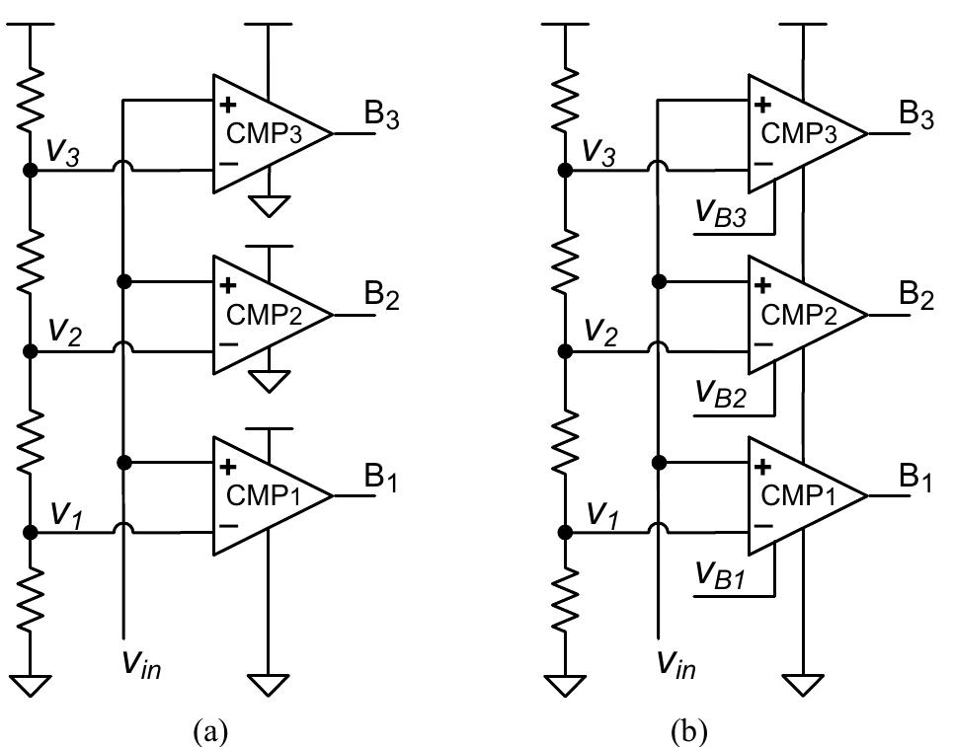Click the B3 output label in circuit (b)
tap(914, 116)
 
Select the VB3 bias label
tap(720, 214)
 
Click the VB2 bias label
tap(720, 395)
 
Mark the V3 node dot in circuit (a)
tap(30, 171)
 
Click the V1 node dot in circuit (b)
tap(565, 533)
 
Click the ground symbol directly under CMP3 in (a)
tap(269, 205)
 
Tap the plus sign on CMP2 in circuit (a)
tap(229, 285)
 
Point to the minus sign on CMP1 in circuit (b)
tap(763, 526)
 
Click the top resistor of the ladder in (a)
tap(30, 99)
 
